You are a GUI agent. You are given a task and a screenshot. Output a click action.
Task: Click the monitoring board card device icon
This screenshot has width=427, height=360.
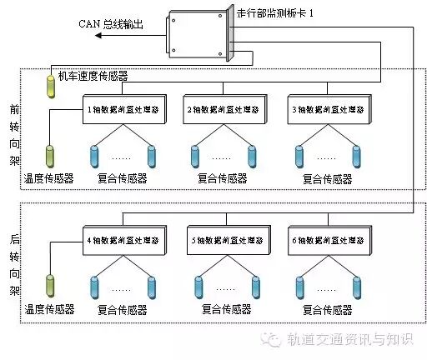point(198,35)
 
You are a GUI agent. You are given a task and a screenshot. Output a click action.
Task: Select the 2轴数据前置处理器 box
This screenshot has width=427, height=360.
point(223,109)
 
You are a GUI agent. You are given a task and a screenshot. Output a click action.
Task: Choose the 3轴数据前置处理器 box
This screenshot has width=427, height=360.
point(327,109)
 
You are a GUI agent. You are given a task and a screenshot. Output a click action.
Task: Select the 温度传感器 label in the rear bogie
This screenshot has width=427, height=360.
point(50,309)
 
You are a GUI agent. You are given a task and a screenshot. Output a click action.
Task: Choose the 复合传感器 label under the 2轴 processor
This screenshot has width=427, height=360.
point(223,177)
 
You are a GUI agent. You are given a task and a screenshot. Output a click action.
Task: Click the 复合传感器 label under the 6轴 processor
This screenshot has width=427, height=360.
point(328,309)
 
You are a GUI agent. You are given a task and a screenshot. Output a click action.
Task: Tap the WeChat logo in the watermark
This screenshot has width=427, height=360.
point(271,339)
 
